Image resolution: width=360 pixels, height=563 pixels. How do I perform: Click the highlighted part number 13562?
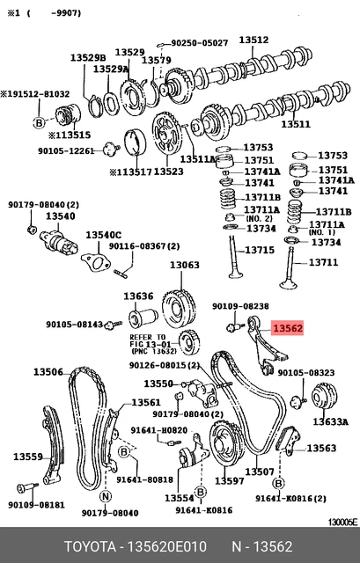[x=287, y=328]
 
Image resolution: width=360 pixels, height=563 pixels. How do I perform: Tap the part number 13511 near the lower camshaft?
[x=320, y=125]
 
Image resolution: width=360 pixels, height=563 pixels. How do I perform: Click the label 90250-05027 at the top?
[x=199, y=42]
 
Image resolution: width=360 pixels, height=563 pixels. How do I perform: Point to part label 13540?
[x=60, y=216]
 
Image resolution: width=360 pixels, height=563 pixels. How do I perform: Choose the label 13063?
[x=185, y=265]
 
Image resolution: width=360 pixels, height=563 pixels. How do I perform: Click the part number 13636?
[x=138, y=296]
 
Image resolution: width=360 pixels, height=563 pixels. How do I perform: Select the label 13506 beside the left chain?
[x=48, y=372]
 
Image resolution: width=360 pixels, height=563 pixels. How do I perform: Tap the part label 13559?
[x=28, y=457]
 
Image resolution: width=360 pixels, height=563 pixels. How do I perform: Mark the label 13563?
[x=320, y=448]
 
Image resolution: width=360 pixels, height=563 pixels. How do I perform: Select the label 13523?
[x=168, y=172]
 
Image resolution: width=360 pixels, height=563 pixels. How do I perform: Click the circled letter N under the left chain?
[x=106, y=497]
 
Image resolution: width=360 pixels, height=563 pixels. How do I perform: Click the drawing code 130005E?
[x=341, y=522]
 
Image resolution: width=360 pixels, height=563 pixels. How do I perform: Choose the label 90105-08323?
[x=307, y=372]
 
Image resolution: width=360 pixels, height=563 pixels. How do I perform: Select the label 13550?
[x=158, y=384]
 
